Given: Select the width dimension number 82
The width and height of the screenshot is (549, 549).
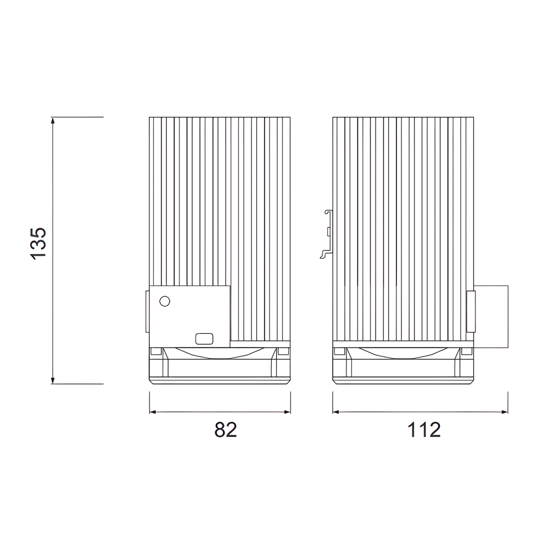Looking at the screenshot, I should pos(225,430).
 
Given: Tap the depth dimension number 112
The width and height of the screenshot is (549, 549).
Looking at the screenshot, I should pos(424,430).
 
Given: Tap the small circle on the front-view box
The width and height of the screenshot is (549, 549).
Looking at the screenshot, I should pos(164,301).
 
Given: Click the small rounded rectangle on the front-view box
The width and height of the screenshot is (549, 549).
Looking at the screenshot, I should pos(204,339).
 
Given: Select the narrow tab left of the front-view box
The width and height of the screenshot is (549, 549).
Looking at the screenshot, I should pos(147,311).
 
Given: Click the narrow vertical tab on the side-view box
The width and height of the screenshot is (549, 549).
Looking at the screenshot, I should pos(470,311).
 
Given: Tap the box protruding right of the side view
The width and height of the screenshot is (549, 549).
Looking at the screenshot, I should pos(491,317).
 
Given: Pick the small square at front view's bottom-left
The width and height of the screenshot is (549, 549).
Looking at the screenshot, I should pos(156,351).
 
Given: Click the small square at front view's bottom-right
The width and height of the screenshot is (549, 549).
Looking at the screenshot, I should pos(283,351).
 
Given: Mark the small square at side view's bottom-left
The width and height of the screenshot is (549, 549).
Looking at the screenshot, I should pos(340,351).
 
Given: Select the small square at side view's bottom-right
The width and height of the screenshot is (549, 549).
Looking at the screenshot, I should pos(467,351).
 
